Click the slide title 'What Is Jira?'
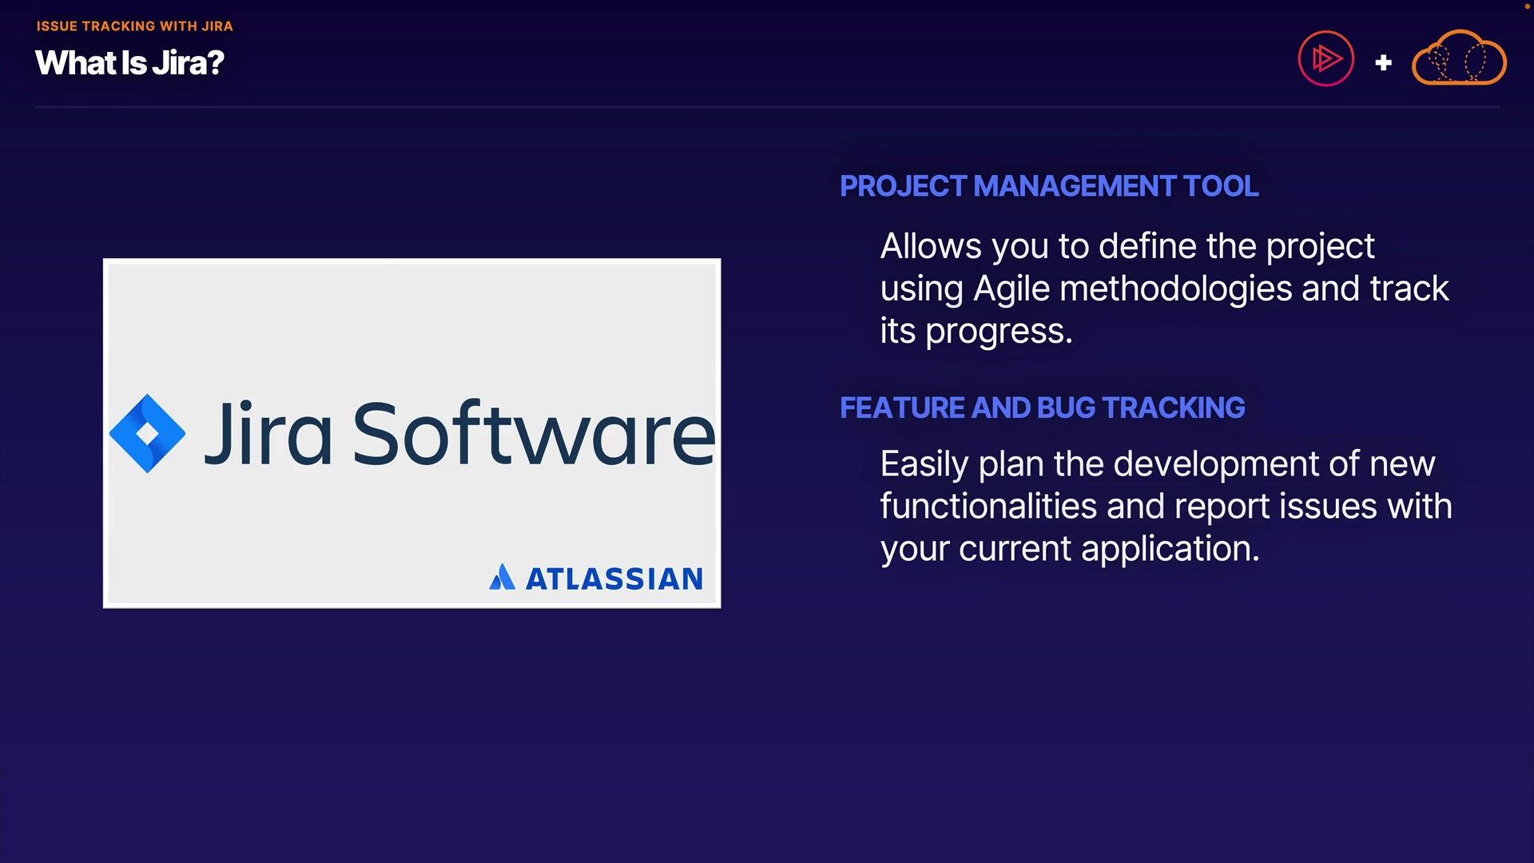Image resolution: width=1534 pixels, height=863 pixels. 129,63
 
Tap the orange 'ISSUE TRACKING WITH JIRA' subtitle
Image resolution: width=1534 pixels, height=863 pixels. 134,26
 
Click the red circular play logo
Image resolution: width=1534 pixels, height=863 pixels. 1325,58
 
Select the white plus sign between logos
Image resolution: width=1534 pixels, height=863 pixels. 1383,62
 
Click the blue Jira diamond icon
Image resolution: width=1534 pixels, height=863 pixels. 148,433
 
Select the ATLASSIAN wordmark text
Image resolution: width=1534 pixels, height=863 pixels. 614,579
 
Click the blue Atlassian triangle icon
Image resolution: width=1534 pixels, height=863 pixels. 502,577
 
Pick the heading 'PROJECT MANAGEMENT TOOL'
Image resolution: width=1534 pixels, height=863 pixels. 1049,186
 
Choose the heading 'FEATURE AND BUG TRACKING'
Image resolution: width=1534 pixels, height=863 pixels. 1043,408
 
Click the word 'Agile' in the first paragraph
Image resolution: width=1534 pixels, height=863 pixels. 1011,289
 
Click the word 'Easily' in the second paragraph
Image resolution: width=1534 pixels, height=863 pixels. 924,464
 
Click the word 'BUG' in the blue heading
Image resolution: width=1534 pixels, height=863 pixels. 1067,408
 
